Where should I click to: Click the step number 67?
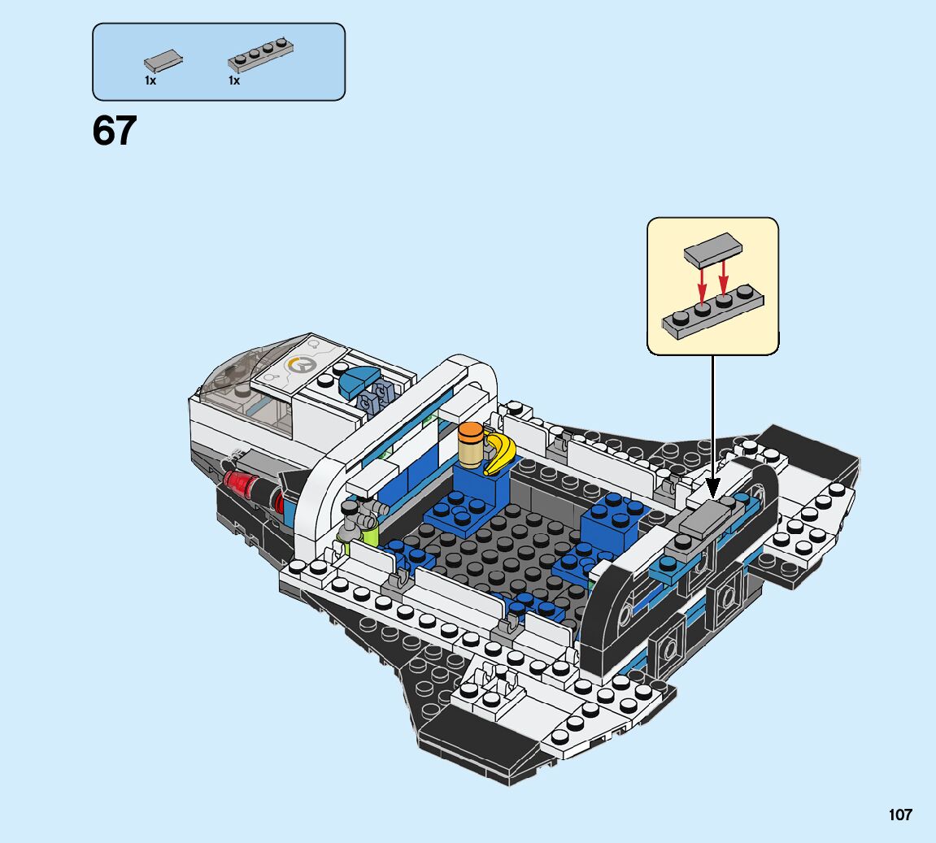[x=115, y=132]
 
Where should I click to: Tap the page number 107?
[x=899, y=815]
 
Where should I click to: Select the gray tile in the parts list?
[x=163, y=59]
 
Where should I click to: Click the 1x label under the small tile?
[x=150, y=80]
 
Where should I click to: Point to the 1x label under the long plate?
[x=234, y=80]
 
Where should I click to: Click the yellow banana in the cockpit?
[x=499, y=452]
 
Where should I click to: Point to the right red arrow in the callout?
[x=723, y=278]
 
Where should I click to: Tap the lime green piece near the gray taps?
[x=361, y=535]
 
